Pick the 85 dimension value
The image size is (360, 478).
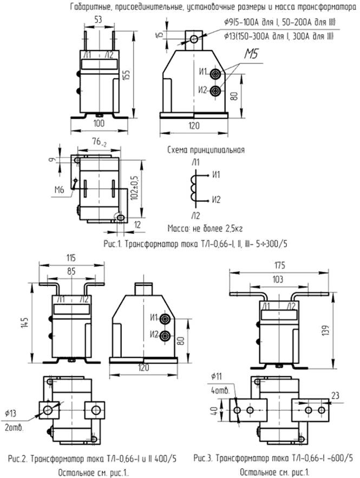tap(70, 269)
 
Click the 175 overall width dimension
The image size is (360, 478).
tap(279, 265)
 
